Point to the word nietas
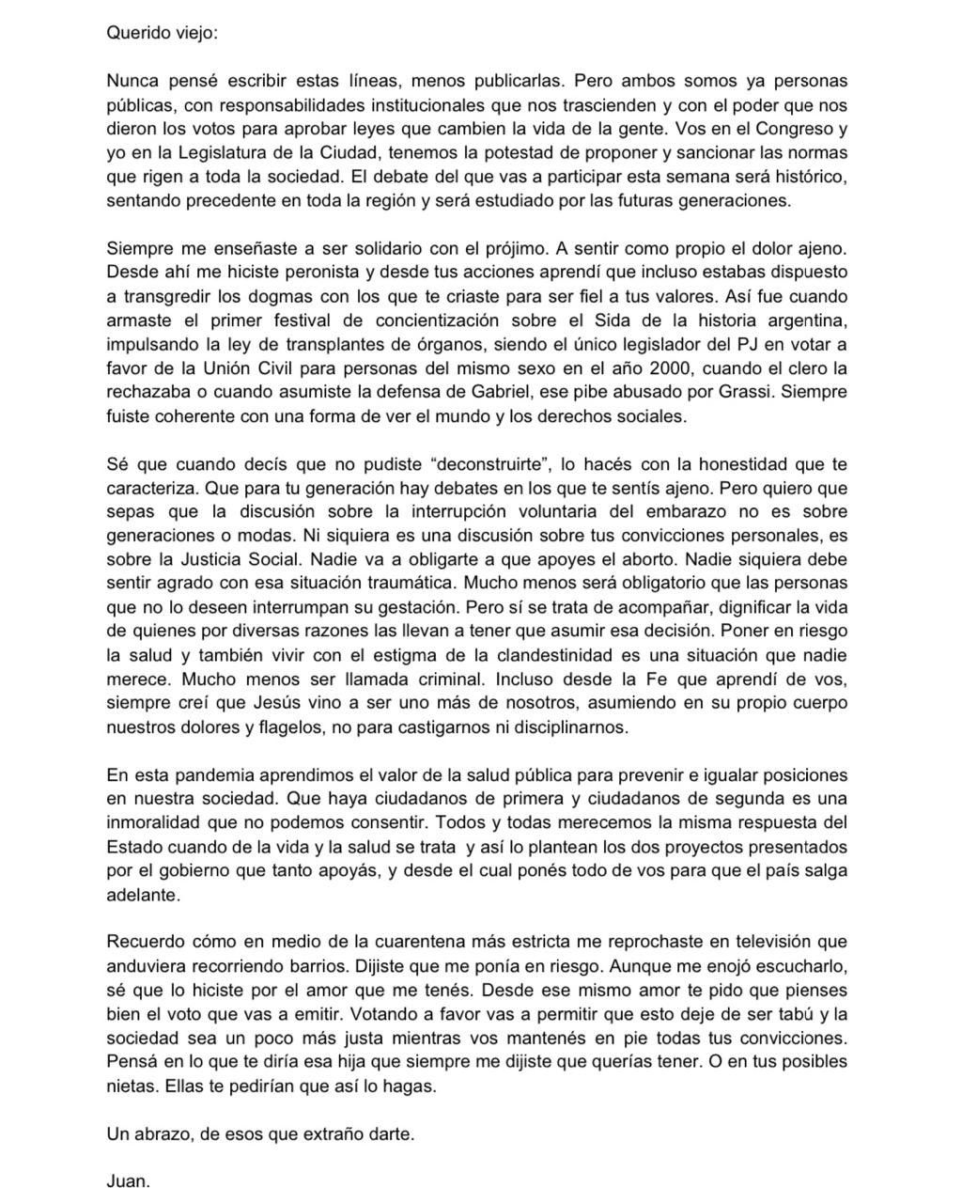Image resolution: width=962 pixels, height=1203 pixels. [131, 1086]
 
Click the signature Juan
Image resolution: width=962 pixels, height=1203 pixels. [128, 1181]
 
